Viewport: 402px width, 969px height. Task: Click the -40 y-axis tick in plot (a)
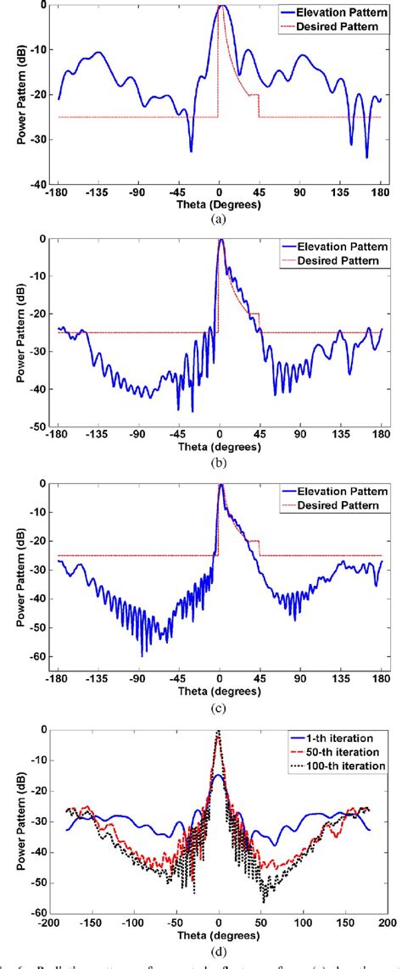point(37,184)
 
